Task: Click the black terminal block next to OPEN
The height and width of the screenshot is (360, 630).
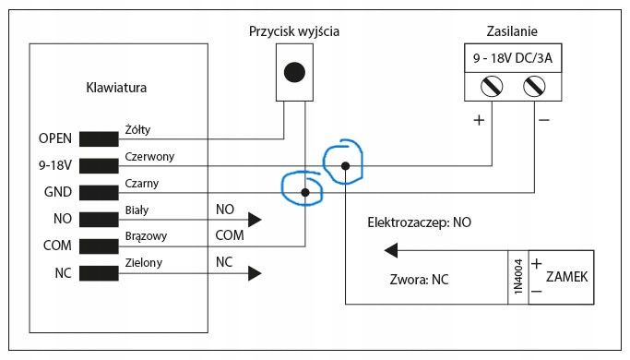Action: pyautogui.click(x=99, y=139)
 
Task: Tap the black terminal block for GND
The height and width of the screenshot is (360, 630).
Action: pyautogui.click(x=99, y=193)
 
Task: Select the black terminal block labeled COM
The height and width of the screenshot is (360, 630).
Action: pyautogui.click(x=99, y=246)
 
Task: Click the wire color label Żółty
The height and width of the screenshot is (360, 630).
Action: pyautogui.click(x=137, y=130)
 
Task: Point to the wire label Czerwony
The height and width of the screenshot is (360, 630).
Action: pyautogui.click(x=149, y=157)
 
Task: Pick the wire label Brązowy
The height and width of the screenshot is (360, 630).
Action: pyautogui.click(x=146, y=236)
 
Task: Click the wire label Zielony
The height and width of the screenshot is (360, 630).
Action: pyautogui.click(x=144, y=263)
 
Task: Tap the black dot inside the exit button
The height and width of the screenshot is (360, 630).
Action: pyautogui.click(x=294, y=72)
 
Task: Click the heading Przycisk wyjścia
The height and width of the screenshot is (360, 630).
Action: pyautogui.click(x=294, y=31)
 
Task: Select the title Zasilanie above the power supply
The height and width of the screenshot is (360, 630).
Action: pyautogui.click(x=512, y=31)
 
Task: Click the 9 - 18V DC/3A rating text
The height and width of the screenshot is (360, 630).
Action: pyautogui.click(x=513, y=58)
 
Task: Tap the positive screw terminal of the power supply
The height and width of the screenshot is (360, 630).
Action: pyautogui.click(x=492, y=86)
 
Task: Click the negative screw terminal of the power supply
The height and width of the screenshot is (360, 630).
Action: pyautogui.click(x=534, y=86)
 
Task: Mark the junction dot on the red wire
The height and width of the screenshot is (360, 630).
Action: pyautogui.click(x=345, y=166)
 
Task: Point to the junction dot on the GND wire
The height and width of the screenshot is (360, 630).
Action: pyautogui.click(x=305, y=193)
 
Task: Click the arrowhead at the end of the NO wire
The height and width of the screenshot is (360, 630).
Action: pyautogui.click(x=255, y=220)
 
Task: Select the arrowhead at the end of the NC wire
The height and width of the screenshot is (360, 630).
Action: pyautogui.click(x=255, y=273)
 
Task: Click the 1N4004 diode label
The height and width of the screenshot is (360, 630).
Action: pyautogui.click(x=518, y=277)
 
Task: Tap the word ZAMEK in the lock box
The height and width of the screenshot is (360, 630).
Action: pyautogui.click(x=566, y=277)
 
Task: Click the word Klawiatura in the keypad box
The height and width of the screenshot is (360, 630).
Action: pyautogui.click(x=116, y=88)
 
